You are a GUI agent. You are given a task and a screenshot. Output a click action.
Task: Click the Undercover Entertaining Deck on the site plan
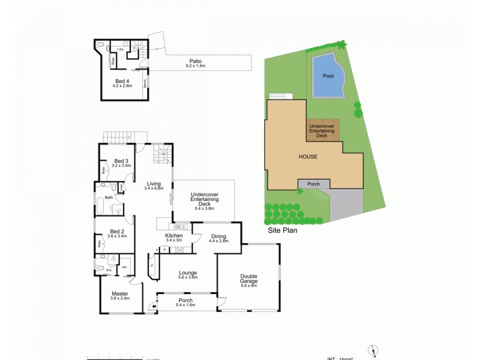coord(323,130)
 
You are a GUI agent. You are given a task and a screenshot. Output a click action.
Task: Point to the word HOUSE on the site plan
coord(308,157)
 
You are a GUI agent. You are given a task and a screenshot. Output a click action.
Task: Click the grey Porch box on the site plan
coord(313,184)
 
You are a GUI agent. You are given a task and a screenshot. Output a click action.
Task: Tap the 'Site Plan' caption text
coord(283,229)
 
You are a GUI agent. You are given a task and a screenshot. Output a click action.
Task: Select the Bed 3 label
coord(121,161)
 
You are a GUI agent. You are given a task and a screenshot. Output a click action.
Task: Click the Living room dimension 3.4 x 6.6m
coord(154,188)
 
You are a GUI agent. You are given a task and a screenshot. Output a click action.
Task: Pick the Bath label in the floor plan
coord(109,197)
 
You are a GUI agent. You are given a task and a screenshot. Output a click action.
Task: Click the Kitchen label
coord(174,236)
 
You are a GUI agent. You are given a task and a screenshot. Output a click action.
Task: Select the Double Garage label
coord(248,278)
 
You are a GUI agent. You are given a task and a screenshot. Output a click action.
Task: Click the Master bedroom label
coord(120,294)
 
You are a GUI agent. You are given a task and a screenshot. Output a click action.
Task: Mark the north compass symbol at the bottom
coord(374,350)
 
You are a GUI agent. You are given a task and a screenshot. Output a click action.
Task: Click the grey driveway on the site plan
coord(346,205)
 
